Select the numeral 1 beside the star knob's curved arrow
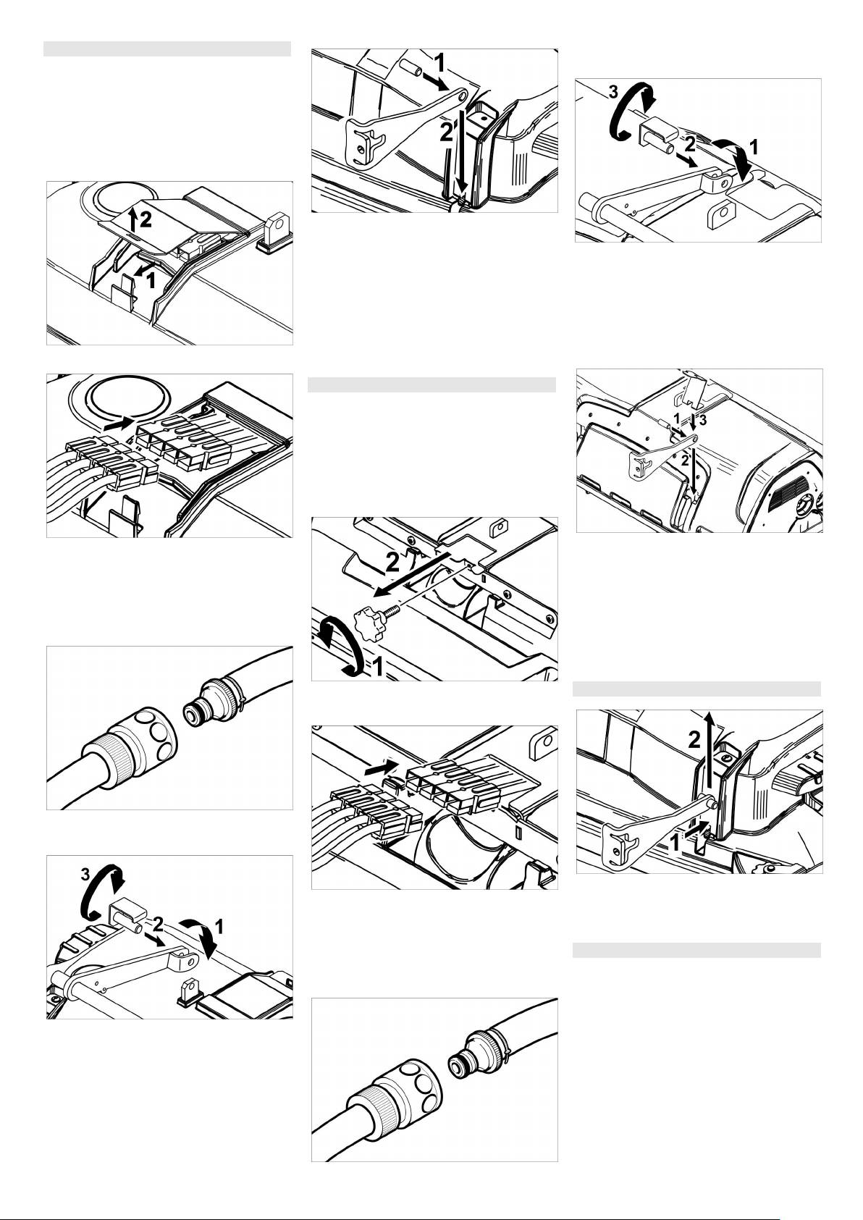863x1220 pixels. click(377, 668)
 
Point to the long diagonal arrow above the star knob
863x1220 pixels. click(409, 573)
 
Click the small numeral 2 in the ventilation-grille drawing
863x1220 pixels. click(685, 460)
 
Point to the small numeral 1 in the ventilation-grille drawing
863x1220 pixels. click(676, 418)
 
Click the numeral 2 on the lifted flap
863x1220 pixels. click(146, 219)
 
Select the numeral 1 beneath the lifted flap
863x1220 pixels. click(151, 280)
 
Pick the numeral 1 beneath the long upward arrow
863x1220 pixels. click(675, 842)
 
